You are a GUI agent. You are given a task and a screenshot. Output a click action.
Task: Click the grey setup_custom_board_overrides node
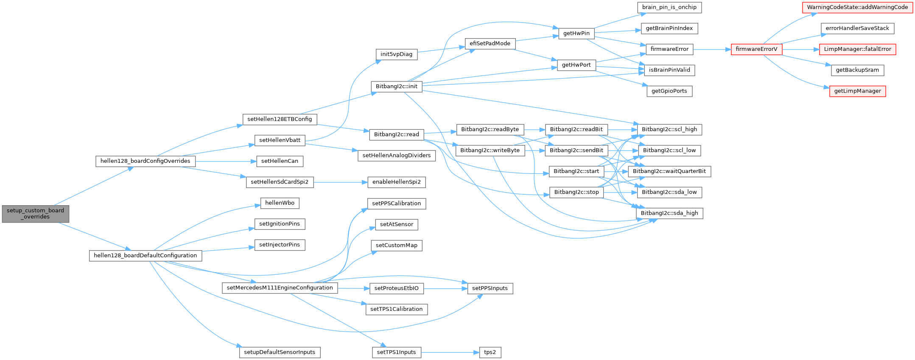(35, 214)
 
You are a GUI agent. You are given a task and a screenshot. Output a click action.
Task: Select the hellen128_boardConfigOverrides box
(146, 161)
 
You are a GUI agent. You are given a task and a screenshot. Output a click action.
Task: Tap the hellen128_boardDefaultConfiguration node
(145, 256)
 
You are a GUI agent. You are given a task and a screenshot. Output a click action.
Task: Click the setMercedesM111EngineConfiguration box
(280, 288)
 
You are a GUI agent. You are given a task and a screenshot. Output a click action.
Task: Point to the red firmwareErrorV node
(756, 49)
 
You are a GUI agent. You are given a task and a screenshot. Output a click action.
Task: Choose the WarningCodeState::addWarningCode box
(857, 7)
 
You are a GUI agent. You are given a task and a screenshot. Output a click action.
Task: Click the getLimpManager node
(857, 91)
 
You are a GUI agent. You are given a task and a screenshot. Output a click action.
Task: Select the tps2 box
(490, 352)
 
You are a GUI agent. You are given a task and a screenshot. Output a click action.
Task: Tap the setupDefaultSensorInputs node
(280, 352)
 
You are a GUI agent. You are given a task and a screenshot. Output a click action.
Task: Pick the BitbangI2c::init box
(396, 87)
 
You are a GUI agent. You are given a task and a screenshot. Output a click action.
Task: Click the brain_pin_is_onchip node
(669, 7)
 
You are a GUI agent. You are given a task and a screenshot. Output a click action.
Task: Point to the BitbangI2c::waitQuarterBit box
(669, 171)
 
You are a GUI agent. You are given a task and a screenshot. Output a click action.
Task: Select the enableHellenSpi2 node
(396, 182)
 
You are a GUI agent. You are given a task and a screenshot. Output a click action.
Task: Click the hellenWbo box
(280, 203)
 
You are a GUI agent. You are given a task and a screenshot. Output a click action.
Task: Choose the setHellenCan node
(280, 161)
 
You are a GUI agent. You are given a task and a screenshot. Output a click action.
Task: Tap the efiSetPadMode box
(490, 44)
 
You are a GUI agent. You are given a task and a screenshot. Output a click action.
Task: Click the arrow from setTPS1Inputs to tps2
(450, 352)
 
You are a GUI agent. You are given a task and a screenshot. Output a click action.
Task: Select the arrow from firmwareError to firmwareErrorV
(712, 49)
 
